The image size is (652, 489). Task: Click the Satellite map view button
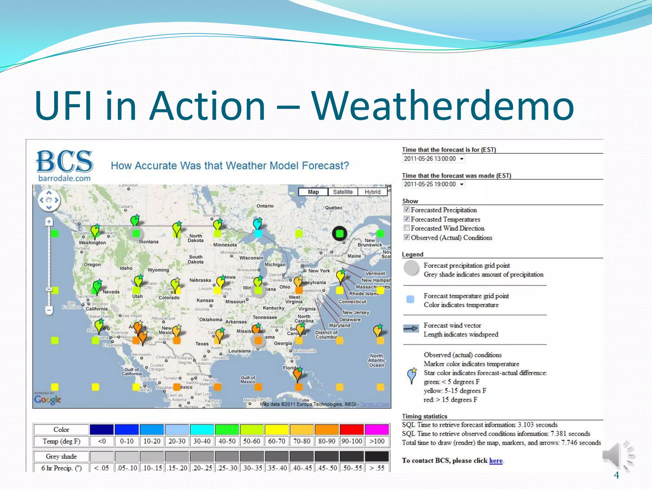tap(343, 192)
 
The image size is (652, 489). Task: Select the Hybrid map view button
tap(372, 192)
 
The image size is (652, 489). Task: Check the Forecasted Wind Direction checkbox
tap(407, 228)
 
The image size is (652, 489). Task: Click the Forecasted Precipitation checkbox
tap(407, 209)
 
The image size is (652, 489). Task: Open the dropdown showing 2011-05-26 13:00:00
tap(433, 159)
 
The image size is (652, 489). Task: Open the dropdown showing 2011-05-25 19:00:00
tap(433, 184)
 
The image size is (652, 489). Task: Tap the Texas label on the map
tap(202, 344)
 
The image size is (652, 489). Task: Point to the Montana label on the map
tap(149, 242)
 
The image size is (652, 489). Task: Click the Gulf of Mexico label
tap(248, 380)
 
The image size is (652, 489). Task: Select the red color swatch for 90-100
tap(351, 429)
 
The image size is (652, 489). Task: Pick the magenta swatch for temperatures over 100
tap(377, 429)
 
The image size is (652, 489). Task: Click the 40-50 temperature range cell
tap(227, 441)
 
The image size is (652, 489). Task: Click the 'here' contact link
tap(496, 461)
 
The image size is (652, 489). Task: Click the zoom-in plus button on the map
tap(49, 222)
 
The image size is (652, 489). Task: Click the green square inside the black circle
tap(340, 234)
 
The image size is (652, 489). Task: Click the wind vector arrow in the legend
tap(411, 329)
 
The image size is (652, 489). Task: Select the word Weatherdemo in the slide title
tap(443, 106)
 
